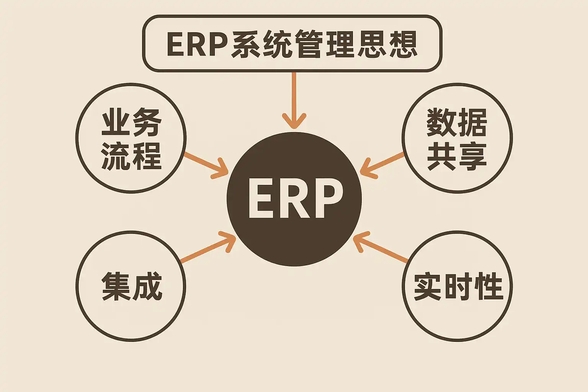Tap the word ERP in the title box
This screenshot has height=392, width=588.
[198, 45]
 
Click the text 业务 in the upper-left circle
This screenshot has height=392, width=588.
[131, 122]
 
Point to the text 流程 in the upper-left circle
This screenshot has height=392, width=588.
[131, 156]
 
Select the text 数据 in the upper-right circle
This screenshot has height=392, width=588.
[457, 122]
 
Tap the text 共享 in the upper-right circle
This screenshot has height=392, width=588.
[457, 156]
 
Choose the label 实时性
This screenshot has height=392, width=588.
[458, 286]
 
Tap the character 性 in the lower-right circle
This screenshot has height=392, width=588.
[488, 286]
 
